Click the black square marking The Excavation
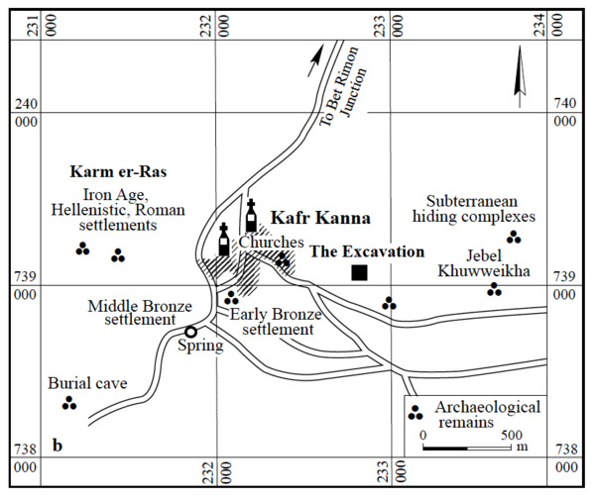click(359, 272)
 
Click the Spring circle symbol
click(190, 333)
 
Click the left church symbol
click(224, 242)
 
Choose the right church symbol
click(251, 216)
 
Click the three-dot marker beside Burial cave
click(68, 402)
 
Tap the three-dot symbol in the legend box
click(416, 413)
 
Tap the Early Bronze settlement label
click(272, 321)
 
